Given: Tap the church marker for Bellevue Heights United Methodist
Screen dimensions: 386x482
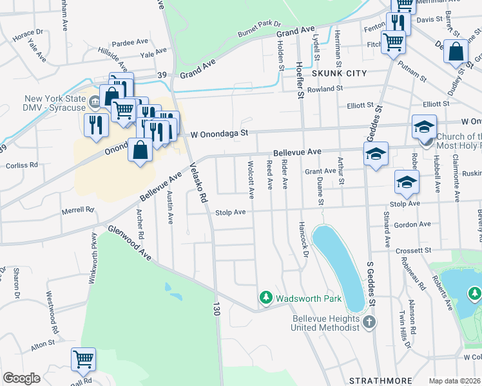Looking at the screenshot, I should click(369, 321).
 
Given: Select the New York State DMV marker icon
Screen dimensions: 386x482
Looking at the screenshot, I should click(95, 100).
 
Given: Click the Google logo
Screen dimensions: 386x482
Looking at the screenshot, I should click(21, 378).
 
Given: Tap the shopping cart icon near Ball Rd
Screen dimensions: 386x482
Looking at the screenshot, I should click(83, 360).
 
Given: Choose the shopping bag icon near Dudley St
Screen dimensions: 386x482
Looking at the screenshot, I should click(456, 52).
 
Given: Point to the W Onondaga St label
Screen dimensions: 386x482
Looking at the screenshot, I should click(220, 134).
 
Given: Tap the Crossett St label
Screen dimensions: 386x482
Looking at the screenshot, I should click(412, 250).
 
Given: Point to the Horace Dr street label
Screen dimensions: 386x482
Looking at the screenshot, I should click(28, 32).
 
